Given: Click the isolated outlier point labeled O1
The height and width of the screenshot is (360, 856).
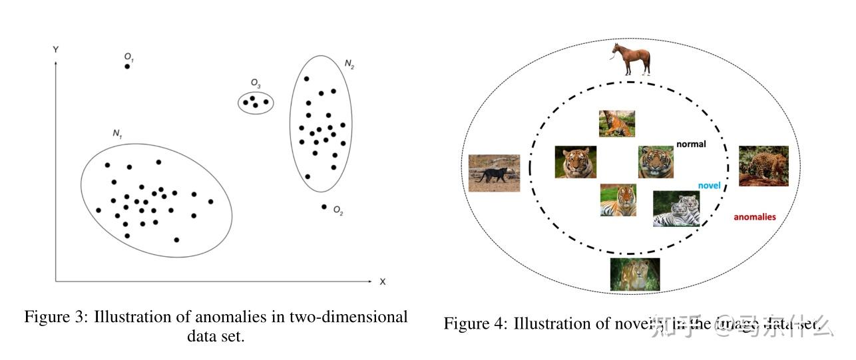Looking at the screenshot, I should point(127,67).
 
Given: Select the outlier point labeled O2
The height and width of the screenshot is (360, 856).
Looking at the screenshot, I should point(324,207).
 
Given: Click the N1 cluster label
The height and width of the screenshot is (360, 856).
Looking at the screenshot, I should point(117,134).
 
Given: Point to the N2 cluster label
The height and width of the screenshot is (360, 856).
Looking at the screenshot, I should point(349,64).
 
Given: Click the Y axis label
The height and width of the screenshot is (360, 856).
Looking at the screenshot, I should point(55,50).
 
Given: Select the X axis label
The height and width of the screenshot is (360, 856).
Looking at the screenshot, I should point(382,281).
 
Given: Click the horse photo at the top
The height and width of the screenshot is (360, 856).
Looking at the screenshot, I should point(630,60).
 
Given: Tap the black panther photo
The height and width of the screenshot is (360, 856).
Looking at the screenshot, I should point(494,173).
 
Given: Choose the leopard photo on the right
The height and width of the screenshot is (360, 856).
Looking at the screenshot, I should point(763,166).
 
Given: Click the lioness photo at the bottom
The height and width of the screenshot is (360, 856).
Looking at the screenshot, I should point(635,274).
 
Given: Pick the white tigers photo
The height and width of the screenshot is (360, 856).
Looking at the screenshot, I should point(676,209).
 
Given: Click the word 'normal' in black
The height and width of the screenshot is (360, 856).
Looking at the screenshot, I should point(691,144).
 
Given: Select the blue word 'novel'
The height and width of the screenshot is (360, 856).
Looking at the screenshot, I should point(709,186).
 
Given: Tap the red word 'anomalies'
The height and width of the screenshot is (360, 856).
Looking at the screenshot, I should point(754,217).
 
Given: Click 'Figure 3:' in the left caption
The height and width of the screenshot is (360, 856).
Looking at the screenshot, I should point(56,317).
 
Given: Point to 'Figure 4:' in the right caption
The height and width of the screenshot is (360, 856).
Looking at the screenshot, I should point(475,324).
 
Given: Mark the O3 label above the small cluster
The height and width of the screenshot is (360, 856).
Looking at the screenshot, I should point(256,83).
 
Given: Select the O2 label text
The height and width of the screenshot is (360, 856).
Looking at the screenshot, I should point(338,212).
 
